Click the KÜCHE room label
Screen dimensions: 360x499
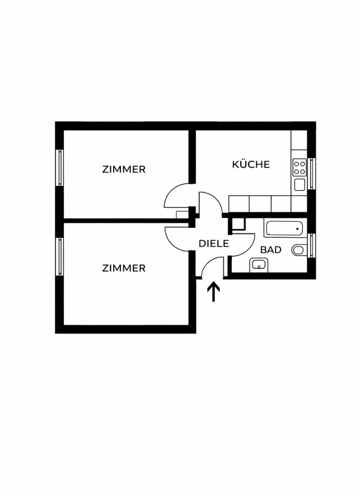251,164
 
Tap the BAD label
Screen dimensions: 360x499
271,249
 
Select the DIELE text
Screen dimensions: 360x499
214,242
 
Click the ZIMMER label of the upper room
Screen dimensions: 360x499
124,169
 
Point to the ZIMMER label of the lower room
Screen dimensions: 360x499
124,268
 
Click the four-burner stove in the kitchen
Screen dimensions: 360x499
300,166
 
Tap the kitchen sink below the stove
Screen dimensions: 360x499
300,184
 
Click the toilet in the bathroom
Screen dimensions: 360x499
298,251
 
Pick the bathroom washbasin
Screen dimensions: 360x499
258,264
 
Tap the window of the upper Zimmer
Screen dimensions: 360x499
59,167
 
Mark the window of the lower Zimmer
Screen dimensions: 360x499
59,256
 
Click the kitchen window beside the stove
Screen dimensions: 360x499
312,174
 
